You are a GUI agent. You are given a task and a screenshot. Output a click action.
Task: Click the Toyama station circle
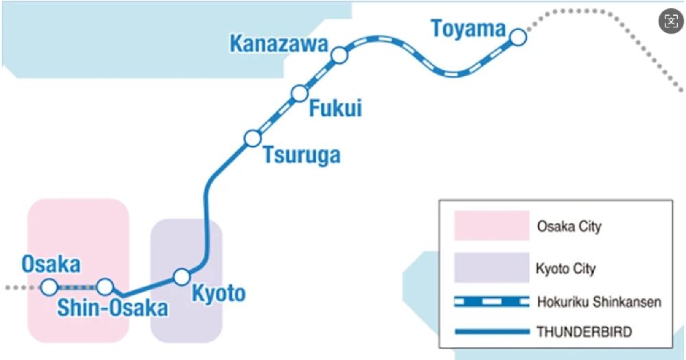point(518,36)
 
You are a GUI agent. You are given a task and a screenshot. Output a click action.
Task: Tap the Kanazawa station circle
point(339,55)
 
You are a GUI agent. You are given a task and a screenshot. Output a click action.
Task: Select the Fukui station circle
point(299,93)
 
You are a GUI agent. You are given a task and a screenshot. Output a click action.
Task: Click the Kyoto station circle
point(181,276)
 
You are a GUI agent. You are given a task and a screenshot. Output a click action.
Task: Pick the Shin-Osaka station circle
point(104,287)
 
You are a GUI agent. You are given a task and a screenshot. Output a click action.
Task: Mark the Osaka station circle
point(49,287)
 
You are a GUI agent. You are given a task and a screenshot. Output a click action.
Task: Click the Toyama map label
point(468,29)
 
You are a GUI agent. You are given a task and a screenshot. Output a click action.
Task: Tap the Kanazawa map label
point(279,45)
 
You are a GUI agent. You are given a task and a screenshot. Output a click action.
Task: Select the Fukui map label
point(335,108)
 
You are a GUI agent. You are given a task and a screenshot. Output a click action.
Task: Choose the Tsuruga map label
point(302,155)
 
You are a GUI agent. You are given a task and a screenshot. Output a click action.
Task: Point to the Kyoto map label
point(217,293)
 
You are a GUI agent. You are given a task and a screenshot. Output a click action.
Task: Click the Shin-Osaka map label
point(113,309)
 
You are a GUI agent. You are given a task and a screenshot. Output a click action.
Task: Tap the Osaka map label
point(51,264)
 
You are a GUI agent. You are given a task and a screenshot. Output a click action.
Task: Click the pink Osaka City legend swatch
point(491,226)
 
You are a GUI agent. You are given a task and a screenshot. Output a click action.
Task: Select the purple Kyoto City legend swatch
point(491,267)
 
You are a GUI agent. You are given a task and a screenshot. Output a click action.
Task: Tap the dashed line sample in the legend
point(491,302)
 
